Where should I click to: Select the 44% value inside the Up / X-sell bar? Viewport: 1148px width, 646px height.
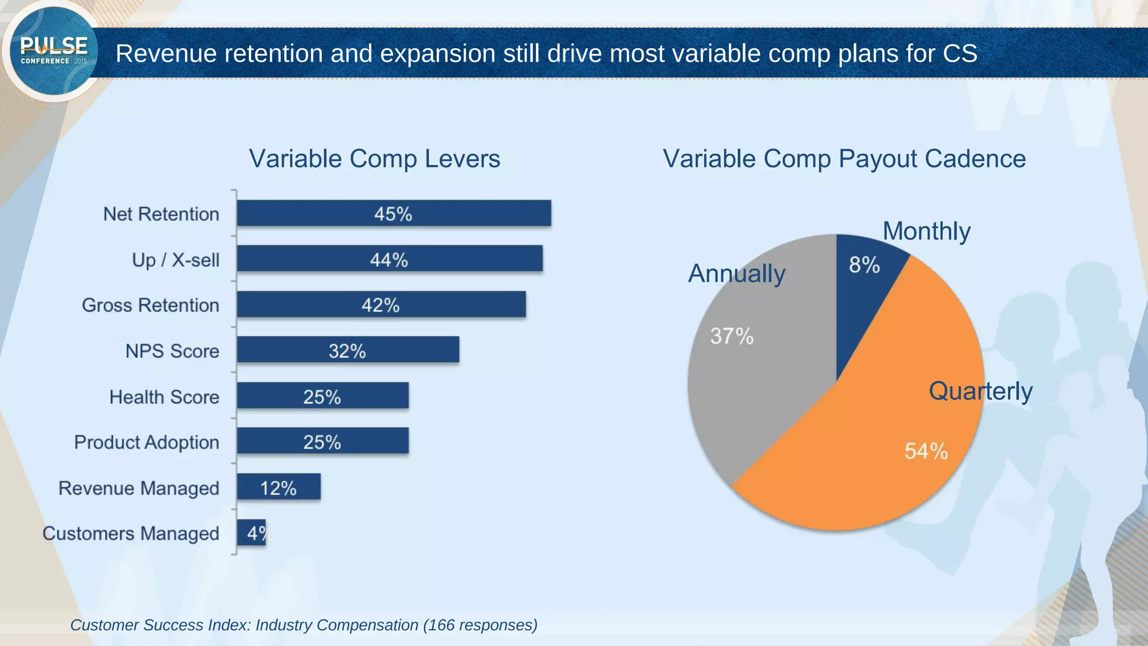(388, 260)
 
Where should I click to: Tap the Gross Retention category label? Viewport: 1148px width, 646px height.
(150, 305)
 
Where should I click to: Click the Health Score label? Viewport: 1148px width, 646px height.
(164, 397)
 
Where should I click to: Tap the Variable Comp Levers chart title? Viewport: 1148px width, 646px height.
(374, 159)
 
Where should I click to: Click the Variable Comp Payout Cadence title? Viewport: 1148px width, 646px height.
(844, 159)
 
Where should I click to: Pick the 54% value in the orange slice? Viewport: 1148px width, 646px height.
(926, 451)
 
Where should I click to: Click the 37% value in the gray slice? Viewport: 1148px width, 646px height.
(732, 336)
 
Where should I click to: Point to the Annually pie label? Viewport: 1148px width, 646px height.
(736, 274)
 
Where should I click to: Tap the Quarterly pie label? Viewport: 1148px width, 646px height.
(980, 391)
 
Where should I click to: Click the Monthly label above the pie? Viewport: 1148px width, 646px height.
(926, 231)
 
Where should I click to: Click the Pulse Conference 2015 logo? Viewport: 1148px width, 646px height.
(54, 52)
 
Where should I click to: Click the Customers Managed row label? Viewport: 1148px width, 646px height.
(131, 533)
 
